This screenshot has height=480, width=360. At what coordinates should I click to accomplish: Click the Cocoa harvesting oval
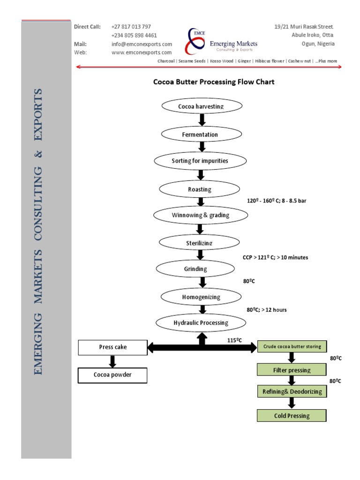[202, 106]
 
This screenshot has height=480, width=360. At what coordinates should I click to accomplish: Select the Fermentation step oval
[200, 135]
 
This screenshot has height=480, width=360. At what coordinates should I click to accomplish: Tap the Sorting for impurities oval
[200, 161]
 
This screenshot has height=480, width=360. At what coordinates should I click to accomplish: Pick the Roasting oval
[200, 189]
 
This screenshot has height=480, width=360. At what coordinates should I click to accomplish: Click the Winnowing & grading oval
[200, 216]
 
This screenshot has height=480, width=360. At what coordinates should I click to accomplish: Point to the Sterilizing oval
[200, 242]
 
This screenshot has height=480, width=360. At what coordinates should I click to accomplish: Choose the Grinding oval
[195, 269]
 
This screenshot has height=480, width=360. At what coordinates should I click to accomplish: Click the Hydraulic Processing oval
[201, 322]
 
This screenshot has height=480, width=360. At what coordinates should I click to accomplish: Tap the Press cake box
[112, 347]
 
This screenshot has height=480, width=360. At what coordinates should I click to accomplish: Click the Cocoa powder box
[112, 375]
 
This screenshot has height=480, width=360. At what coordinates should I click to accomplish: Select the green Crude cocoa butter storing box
[292, 347]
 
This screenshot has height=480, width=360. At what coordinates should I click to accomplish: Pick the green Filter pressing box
[292, 370]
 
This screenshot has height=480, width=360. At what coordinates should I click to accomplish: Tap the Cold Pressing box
[292, 415]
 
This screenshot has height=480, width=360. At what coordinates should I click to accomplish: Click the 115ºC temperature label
[234, 340]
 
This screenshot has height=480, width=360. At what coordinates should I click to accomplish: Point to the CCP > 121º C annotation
[275, 257]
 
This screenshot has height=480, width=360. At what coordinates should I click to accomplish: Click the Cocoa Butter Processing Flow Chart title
[214, 82]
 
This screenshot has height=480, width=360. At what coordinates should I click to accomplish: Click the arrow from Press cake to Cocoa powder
[112, 361]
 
